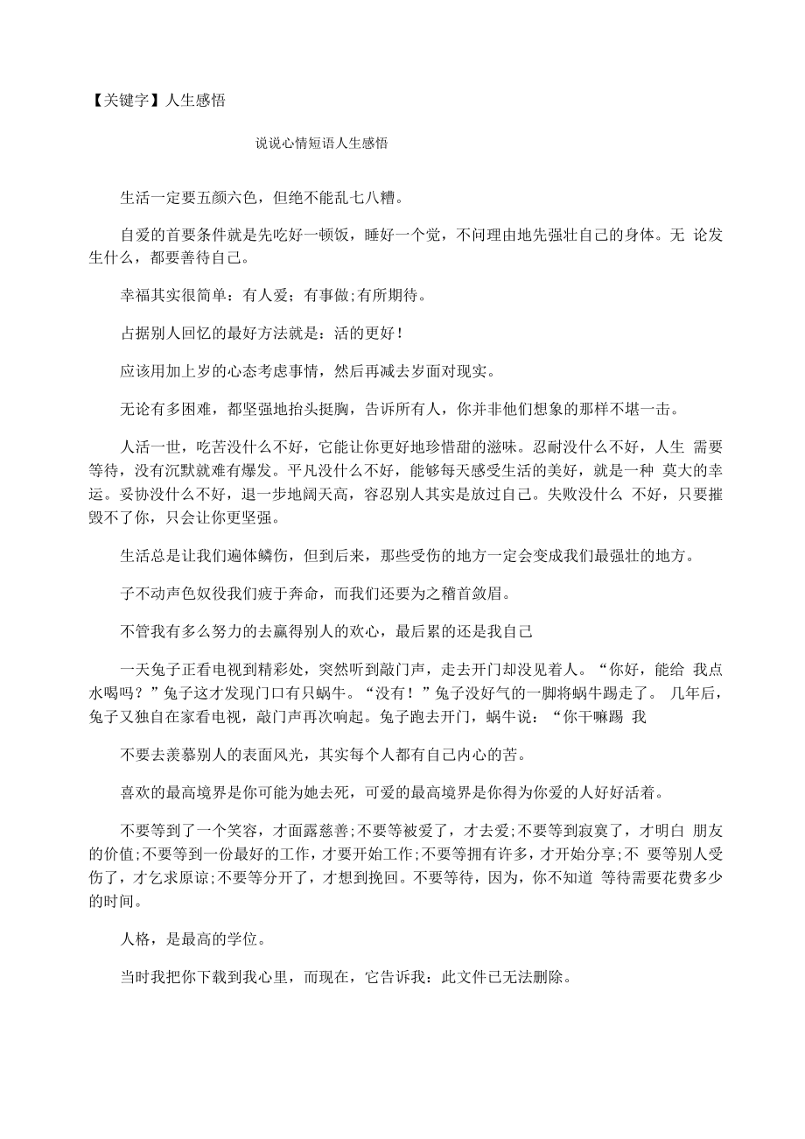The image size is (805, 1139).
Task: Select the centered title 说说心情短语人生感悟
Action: click(321, 144)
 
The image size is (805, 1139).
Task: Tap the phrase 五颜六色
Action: click(230, 197)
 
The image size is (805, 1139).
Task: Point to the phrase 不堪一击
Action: click(644, 407)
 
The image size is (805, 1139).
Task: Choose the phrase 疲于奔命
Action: click(304, 594)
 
